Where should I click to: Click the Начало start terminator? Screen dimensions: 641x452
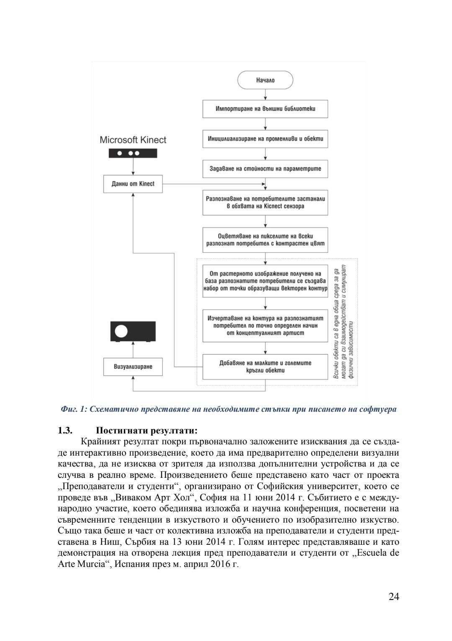(x=265, y=80)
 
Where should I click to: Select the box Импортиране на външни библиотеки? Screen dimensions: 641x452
(x=265, y=109)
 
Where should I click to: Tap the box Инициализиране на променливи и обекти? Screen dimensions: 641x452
(x=265, y=138)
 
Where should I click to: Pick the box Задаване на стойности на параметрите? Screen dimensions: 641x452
(x=265, y=169)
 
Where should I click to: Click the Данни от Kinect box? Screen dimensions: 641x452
(x=133, y=184)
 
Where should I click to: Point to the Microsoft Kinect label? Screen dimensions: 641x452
(x=133, y=140)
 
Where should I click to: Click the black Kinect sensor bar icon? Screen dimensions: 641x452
(x=133, y=153)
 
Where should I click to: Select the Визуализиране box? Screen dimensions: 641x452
(x=133, y=367)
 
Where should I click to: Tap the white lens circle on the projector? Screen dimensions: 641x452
(x=121, y=331)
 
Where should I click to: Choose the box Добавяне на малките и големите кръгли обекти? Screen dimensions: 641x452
(x=265, y=367)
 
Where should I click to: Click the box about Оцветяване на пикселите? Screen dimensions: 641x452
(x=265, y=240)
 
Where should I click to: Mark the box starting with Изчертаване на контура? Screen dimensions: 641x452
(x=265, y=326)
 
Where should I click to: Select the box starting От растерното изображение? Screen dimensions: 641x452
(x=265, y=281)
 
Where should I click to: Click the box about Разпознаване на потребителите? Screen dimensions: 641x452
(x=265, y=203)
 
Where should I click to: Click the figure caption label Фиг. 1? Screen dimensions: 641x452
(x=73, y=409)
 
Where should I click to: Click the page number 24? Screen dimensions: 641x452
(x=393, y=597)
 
